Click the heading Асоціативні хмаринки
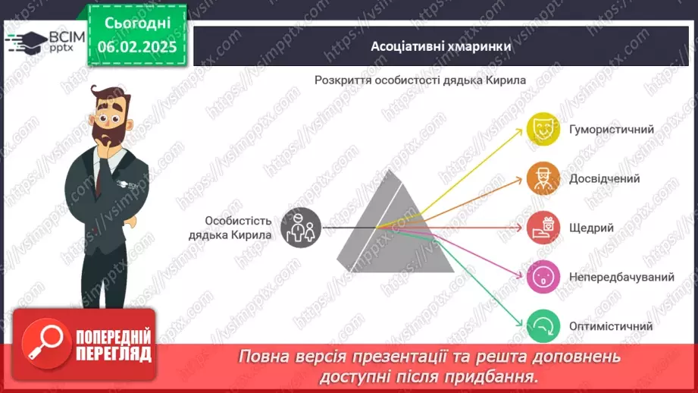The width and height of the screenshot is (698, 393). click(440, 46)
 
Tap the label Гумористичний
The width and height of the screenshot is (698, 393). click(611, 129)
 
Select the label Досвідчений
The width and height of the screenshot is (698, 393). click(604, 179)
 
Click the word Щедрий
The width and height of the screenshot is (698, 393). click(591, 228)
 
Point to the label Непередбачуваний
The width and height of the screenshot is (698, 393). click(621, 277)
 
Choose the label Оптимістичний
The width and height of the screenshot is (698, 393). click(610, 326)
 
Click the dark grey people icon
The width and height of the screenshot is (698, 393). click(301, 228)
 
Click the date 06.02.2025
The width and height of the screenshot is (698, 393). click(136, 46)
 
